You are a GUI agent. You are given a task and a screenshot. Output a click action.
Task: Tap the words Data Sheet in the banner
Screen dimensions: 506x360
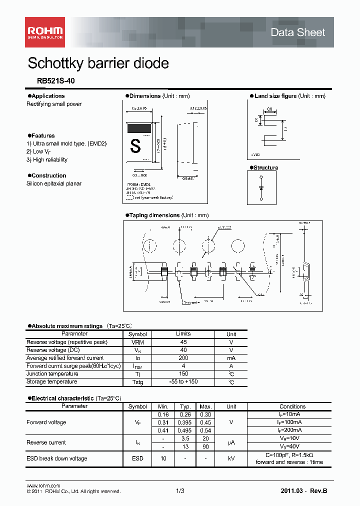click(297, 32)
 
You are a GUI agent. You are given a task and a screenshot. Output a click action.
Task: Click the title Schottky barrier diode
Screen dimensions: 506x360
click(98, 63)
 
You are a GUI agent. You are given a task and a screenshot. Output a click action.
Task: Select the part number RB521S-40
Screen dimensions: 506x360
click(56, 80)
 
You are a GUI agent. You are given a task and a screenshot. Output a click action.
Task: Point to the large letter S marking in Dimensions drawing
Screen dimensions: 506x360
click(135, 146)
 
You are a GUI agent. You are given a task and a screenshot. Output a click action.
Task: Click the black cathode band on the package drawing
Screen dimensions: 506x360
click(140, 127)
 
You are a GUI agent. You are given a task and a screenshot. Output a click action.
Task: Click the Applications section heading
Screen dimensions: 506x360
click(47, 96)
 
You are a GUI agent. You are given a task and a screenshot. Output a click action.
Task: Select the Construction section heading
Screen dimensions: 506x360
click(48, 175)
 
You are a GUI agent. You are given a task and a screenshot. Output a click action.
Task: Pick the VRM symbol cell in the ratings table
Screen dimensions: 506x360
click(137, 342)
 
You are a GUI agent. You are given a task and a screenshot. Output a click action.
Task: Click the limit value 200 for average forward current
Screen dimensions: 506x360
click(183, 358)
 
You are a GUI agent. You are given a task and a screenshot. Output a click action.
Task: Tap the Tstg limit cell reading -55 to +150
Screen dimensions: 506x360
click(183, 382)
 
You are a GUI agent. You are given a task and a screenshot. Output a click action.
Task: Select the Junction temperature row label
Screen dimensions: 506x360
click(52, 374)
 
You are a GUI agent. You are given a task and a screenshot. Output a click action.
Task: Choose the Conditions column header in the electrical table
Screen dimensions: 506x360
click(292, 406)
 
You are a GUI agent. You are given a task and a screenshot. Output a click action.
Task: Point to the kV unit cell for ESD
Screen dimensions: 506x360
click(231, 458)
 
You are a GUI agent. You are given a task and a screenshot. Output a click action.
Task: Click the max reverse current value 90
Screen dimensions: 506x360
click(205, 446)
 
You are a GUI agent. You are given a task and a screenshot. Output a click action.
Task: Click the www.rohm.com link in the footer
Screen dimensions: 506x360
click(43, 485)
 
